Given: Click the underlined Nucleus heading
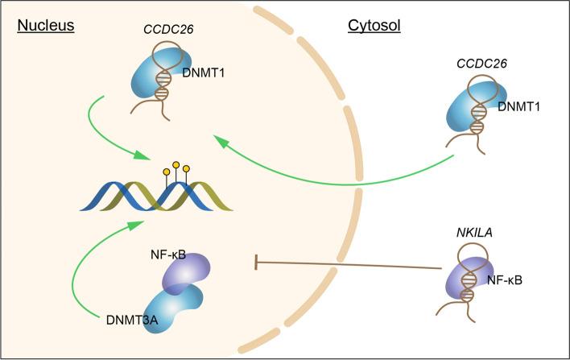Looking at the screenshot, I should click(45, 26).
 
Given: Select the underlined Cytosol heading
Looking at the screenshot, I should click(374, 26).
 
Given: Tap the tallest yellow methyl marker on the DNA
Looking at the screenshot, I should click(176, 164).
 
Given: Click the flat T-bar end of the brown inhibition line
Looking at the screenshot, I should click(256, 262).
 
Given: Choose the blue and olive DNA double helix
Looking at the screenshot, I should click(156, 194).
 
